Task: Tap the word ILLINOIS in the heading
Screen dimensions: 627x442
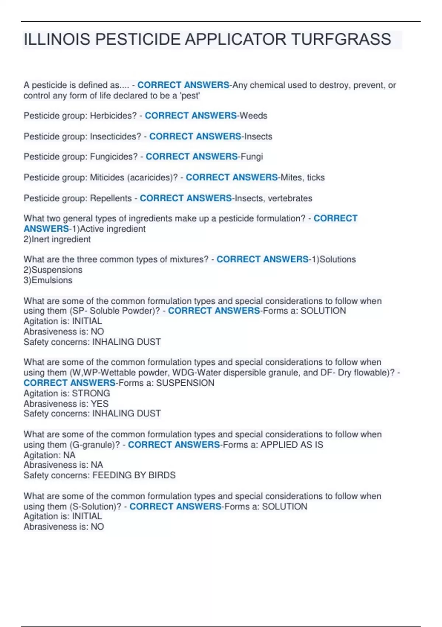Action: (x=56, y=39)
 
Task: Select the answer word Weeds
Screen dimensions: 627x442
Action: (x=253, y=116)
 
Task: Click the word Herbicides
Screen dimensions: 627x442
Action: (x=113, y=116)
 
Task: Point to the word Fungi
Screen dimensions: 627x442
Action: (x=252, y=157)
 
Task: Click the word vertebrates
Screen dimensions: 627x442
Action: (x=290, y=198)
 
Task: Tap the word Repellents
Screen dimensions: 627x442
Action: (x=111, y=198)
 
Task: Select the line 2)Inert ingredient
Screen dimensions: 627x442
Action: (x=57, y=239)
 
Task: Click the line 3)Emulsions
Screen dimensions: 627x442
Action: (x=48, y=280)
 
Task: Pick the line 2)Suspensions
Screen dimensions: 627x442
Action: (x=53, y=270)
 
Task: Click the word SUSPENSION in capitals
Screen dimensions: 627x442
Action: (x=185, y=383)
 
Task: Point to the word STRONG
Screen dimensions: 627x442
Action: (x=91, y=393)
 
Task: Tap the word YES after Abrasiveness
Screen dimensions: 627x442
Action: (x=100, y=403)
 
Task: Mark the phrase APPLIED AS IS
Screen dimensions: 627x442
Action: (x=292, y=445)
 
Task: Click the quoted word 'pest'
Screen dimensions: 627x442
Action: (x=190, y=96)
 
